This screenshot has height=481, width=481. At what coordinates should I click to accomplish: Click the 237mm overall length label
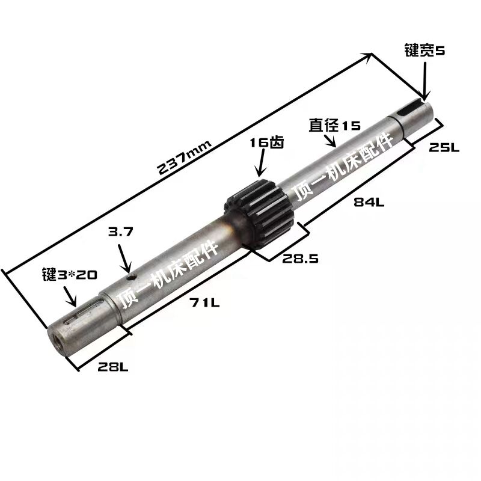(x=184, y=158)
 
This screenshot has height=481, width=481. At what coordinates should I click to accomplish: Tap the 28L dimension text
(x=113, y=367)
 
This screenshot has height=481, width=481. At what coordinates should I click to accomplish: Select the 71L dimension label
(x=204, y=303)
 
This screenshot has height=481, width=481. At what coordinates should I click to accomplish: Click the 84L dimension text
(x=369, y=202)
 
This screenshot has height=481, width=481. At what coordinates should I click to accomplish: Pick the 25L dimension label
(x=444, y=147)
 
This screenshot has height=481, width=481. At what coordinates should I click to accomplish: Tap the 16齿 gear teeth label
(x=267, y=142)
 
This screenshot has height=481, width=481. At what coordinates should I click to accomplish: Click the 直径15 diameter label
(x=335, y=125)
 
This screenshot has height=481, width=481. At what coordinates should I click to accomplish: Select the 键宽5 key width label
(x=424, y=51)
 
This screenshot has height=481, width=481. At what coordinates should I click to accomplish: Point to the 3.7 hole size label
(x=121, y=232)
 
